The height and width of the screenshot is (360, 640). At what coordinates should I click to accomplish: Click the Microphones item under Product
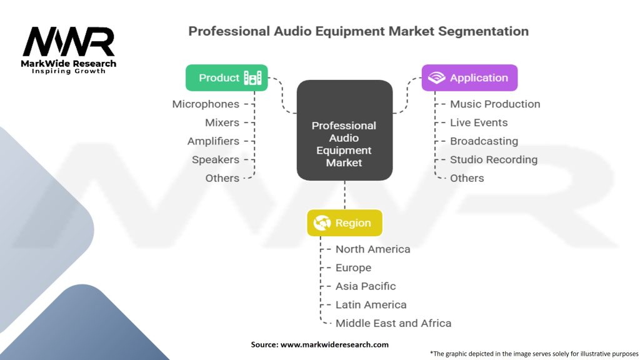(x=206, y=104)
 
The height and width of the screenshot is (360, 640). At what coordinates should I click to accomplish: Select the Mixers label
(x=222, y=122)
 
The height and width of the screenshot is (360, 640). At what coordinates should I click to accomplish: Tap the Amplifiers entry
(x=213, y=141)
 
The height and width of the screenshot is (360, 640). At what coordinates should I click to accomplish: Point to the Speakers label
(x=216, y=159)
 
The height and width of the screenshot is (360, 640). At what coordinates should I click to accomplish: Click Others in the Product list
(x=222, y=178)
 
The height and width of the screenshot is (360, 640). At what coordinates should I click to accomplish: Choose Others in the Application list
(x=467, y=178)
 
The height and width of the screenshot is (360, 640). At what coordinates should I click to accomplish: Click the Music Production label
(x=495, y=104)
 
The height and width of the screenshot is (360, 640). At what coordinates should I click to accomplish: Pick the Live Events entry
(x=479, y=122)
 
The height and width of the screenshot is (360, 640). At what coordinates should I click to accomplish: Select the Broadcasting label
(x=484, y=141)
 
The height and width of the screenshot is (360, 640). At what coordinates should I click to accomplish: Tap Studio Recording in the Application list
(x=494, y=159)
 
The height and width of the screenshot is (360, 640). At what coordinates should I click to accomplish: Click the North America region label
(x=372, y=249)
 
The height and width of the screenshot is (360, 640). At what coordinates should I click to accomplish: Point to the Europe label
(x=353, y=267)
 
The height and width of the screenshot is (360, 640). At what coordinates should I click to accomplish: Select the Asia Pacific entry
(x=366, y=286)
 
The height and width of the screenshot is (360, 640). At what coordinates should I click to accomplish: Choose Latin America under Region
(x=371, y=305)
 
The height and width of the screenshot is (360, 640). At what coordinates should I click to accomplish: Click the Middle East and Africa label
(x=393, y=323)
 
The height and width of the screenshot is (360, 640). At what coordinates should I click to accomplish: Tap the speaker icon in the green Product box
(x=253, y=78)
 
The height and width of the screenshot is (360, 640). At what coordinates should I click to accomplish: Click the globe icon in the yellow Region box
(x=322, y=223)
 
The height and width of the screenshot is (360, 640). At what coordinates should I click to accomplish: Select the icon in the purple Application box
(x=436, y=78)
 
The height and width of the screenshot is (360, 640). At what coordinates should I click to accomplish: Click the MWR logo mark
(x=69, y=42)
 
